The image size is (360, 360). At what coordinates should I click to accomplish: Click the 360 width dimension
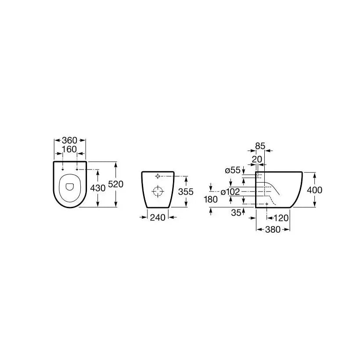tap(69, 140)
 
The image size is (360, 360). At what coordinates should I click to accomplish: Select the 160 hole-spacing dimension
tap(69, 149)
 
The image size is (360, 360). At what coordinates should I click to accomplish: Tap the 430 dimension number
tap(98, 188)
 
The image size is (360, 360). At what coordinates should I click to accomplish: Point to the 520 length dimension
tap(116, 184)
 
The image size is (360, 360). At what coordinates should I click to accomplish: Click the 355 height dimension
tap(186, 191)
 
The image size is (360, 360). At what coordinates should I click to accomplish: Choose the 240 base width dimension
tap(158, 217)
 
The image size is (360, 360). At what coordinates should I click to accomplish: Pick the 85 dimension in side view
tap(260, 146)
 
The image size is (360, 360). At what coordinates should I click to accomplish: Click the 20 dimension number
tap(257, 159)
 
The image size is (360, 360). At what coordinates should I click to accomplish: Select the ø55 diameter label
tap(233, 170)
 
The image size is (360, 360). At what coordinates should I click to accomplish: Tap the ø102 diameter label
tap(230, 192)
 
